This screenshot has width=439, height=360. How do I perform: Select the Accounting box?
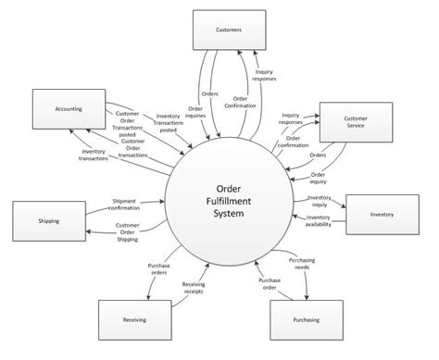pos(68,109)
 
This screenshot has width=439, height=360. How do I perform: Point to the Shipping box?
pos(49,221)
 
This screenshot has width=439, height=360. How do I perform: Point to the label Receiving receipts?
pos(194,289)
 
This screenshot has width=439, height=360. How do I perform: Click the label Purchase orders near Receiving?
pos(160,270)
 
